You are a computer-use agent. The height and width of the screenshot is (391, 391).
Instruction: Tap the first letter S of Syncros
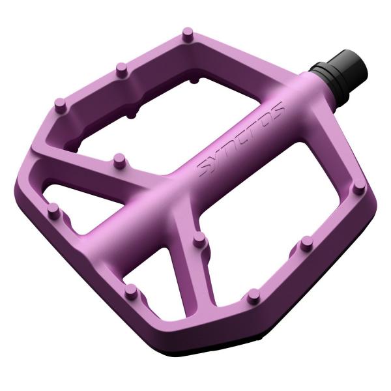(x=205, y=171)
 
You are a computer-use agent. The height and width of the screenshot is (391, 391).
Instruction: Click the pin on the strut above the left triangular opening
(x=119, y=158)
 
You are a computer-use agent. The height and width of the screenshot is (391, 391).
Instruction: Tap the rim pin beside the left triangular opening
(x=53, y=210)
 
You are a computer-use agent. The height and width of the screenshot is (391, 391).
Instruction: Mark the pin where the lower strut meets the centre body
(x=200, y=242)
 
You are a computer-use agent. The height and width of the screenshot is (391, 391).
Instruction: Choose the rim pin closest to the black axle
(x=358, y=187)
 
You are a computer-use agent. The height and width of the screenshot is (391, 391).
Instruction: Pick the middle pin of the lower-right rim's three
(x=306, y=244)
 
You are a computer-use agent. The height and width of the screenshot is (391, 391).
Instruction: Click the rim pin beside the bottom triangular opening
(x=131, y=290)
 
